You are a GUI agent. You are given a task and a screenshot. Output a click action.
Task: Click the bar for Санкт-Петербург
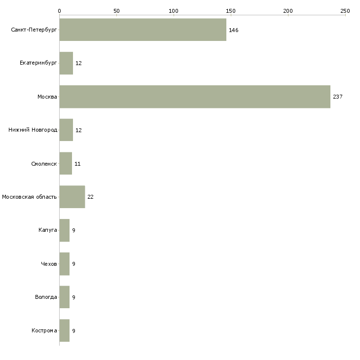point(143,30)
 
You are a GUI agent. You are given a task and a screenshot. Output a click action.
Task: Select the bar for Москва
point(195,97)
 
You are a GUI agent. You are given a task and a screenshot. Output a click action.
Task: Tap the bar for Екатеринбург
point(66,63)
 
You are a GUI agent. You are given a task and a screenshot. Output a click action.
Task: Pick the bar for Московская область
point(72,197)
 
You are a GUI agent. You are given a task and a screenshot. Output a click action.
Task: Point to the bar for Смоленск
point(66,163)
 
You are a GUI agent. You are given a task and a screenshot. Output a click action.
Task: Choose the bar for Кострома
point(64,330)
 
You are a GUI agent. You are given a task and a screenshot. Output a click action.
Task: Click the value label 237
point(337,97)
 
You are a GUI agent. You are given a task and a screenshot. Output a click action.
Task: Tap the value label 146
point(233,30)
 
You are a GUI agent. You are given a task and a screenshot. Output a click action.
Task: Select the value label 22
point(90,197)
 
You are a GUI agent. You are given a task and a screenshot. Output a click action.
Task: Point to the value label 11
point(77,164)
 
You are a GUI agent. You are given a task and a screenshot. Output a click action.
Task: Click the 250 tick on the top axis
point(345,10)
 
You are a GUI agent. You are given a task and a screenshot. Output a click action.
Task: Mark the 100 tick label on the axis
point(174,10)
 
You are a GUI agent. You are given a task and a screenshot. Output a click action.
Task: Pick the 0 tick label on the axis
point(59,10)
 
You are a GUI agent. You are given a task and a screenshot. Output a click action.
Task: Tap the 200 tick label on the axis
point(288,10)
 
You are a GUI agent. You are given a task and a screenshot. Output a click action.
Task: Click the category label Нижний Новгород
point(33,130)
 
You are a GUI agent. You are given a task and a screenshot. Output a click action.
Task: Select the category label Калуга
point(48,230)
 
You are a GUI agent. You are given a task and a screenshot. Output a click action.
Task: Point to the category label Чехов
point(49,264)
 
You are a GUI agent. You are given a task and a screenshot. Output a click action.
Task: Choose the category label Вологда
point(46,297)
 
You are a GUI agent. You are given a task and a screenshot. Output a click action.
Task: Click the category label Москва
point(47,97)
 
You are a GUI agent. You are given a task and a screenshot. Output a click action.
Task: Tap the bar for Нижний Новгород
point(66,130)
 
